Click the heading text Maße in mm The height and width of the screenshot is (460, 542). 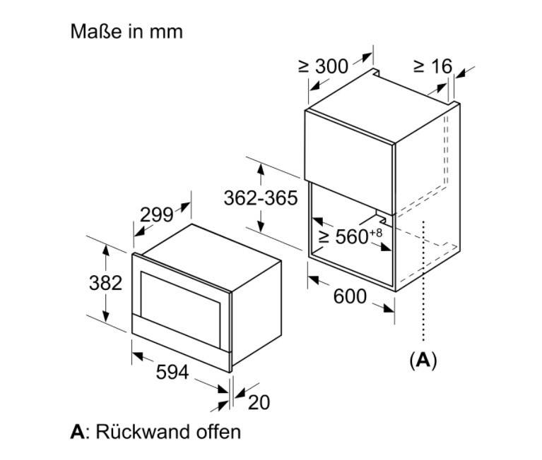(x=126, y=32)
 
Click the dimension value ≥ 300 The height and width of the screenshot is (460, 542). (x=323, y=66)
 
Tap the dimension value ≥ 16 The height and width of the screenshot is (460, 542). (x=432, y=66)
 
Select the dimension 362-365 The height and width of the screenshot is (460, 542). (x=261, y=198)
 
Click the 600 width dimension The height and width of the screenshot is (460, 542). (x=350, y=297)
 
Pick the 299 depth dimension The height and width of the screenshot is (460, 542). (x=156, y=215)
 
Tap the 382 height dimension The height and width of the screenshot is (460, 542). (x=106, y=284)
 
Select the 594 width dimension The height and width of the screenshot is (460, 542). (x=172, y=372)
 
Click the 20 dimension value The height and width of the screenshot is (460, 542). (x=259, y=402)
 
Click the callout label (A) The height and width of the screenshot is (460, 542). (x=423, y=360)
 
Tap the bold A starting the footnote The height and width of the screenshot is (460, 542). (x=77, y=431)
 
